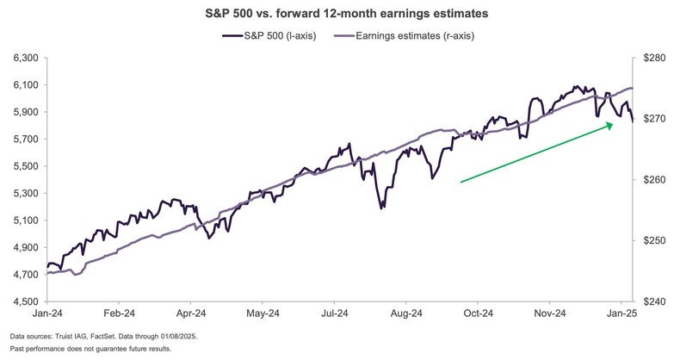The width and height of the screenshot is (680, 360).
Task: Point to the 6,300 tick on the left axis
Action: [27, 58]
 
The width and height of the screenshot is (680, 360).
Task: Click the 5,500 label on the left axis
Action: [27, 166]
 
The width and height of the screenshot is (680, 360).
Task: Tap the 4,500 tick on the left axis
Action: [27, 301]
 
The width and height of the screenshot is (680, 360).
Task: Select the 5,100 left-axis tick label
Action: [27, 220]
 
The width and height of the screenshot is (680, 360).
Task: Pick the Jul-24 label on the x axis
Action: [337, 315]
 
